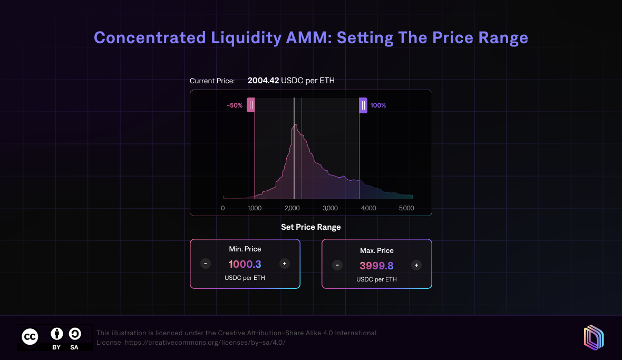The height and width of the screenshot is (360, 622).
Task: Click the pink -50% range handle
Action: coord(251,105)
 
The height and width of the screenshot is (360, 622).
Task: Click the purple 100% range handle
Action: coord(363,105)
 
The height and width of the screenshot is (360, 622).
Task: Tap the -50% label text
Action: coord(235,105)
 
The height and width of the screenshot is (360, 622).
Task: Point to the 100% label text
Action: coord(378,105)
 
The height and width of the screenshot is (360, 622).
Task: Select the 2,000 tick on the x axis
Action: coord(293,208)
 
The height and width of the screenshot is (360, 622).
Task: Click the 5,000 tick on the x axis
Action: coord(406,208)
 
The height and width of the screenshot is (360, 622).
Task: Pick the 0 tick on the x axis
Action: coord(223,208)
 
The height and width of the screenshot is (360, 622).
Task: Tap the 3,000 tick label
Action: coord(330,208)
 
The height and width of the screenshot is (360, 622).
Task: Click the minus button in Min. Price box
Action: coord(206,264)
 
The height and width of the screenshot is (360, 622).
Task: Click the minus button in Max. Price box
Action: coord(337,265)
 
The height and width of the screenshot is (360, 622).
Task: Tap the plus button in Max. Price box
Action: coord(416,265)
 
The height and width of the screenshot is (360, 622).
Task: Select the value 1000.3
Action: coord(245,264)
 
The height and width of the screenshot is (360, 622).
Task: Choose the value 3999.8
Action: coord(376,266)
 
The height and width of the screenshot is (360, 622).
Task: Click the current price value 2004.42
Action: coord(263,81)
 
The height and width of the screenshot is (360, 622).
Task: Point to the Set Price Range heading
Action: coord(311,227)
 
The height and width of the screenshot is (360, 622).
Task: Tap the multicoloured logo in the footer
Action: coord(593,337)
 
